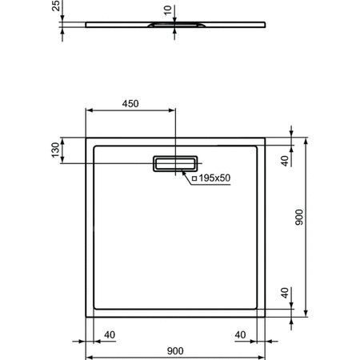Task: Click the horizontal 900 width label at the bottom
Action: pyautogui.click(x=175, y=350)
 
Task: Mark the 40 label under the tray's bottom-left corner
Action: pyautogui.click(x=110, y=334)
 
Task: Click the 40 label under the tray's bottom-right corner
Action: pyautogui.click(x=240, y=334)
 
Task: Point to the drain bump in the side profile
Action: pyautogui.click(x=174, y=26)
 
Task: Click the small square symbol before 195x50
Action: pyautogui.click(x=194, y=178)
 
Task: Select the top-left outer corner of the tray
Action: pyautogui.click(x=86, y=138)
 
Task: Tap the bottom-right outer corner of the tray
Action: pyautogui.click(x=266, y=317)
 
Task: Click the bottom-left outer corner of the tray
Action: pyautogui.click(x=86, y=317)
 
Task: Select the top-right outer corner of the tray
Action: pyautogui.click(x=266, y=138)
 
